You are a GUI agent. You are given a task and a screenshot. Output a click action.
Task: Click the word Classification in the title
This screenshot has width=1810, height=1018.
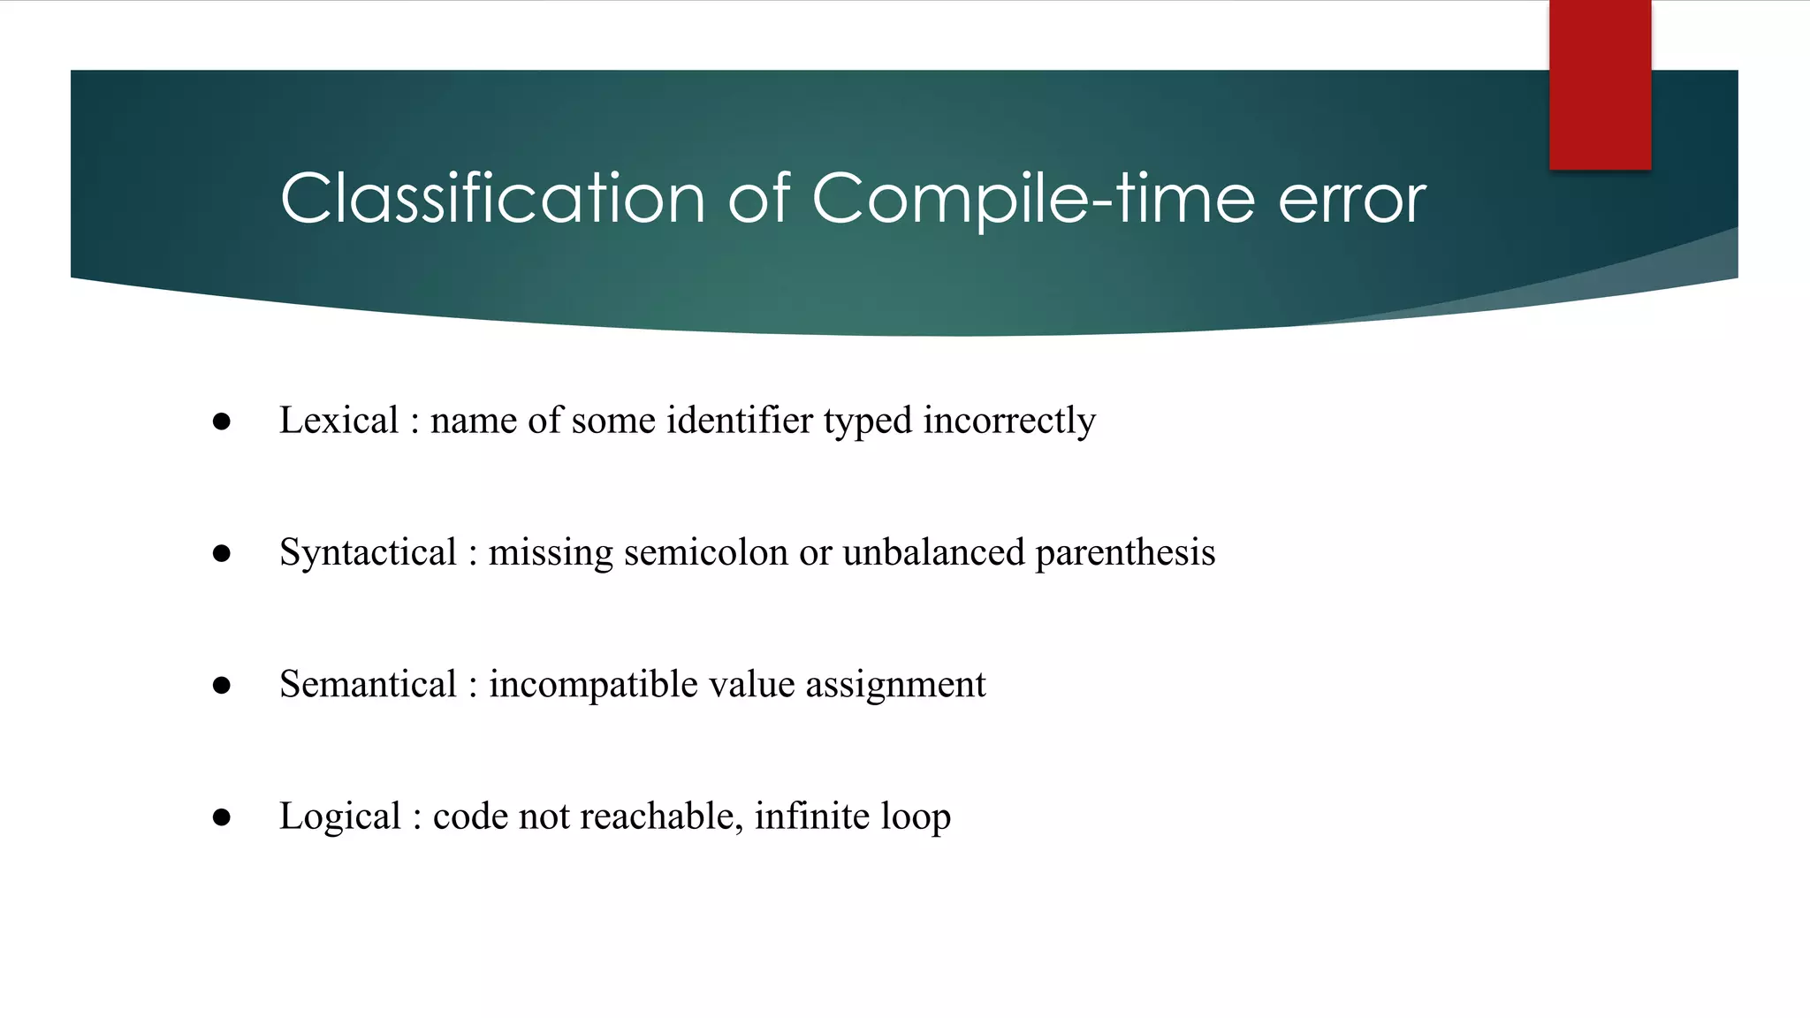coord(492,198)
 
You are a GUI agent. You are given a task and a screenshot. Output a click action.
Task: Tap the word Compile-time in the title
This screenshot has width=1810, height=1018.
coord(1032,198)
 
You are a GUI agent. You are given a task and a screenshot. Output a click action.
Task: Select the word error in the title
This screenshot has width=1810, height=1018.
coord(1351,198)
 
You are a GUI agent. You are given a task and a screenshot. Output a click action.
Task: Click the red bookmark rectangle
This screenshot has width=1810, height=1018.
coord(1600,85)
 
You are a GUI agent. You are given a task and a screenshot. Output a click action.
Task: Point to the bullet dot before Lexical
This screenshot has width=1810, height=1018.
coord(222,422)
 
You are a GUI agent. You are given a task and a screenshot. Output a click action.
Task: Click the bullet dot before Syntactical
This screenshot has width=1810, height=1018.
coord(222,554)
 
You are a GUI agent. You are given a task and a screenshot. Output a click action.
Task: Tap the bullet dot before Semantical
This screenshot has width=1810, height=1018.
coord(222,686)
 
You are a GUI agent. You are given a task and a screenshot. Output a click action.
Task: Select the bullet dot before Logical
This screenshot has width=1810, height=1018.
coord(222,817)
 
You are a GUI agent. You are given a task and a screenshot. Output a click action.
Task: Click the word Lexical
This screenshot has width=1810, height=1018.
coord(338,420)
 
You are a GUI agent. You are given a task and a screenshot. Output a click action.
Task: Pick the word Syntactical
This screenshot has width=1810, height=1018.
coord(368,552)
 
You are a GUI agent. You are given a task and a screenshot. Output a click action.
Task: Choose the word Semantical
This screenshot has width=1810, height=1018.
coord(368,684)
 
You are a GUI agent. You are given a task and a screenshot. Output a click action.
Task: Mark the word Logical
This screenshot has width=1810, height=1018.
coord(339,816)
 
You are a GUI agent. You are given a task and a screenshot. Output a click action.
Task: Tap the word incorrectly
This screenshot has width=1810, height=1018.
coord(1009,420)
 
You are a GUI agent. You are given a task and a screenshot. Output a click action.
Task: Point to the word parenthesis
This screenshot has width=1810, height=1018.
coord(1125,552)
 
